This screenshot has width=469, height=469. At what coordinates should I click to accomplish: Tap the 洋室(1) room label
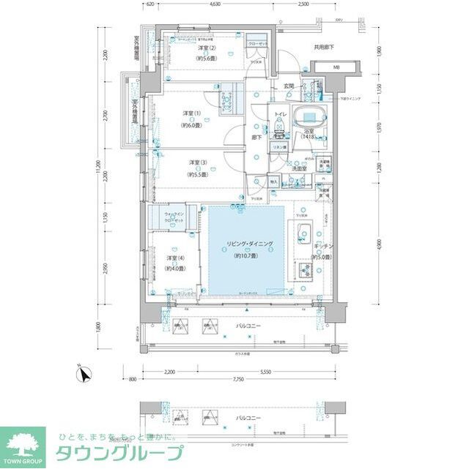(193, 113)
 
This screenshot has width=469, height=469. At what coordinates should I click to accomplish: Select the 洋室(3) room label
(193, 162)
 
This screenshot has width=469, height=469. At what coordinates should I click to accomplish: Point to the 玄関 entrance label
(288, 86)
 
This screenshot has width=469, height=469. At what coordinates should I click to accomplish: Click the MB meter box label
(336, 69)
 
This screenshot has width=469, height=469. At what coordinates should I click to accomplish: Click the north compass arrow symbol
(85, 375)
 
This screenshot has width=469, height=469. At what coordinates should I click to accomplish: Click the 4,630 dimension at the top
(215, 5)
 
